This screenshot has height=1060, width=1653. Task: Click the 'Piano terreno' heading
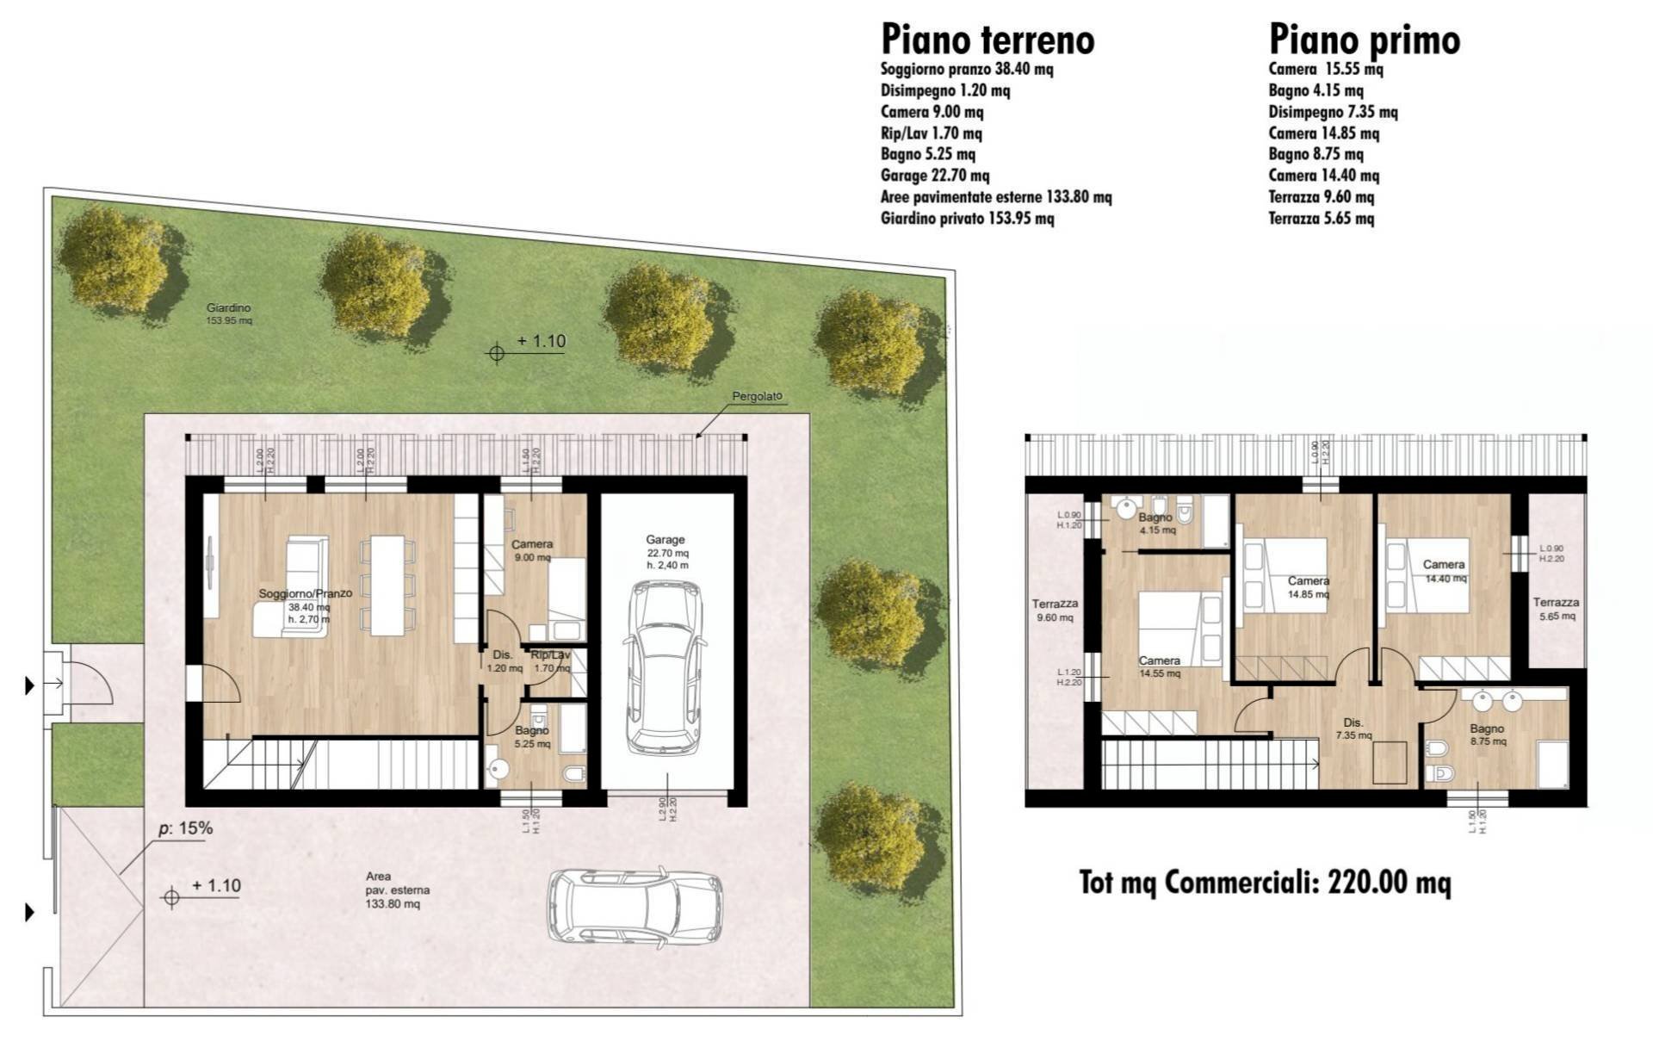(x=987, y=40)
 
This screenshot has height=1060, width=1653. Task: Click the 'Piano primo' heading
(x=1364, y=40)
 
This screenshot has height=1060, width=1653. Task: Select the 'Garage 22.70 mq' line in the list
(x=934, y=176)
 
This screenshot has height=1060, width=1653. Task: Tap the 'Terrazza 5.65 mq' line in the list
(x=1321, y=219)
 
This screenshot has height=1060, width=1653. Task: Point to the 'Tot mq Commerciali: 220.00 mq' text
(x=1265, y=883)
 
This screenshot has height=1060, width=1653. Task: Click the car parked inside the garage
(x=665, y=666)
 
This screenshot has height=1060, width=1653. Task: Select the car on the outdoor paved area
(x=635, y=908)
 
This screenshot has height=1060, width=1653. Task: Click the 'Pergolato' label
(x=757, y=397)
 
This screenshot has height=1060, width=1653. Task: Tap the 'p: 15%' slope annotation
(x=185, y=829)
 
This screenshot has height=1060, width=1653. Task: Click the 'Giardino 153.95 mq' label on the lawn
(x=229, y=313)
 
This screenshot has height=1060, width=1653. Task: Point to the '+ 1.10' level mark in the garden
(x=541, y=342)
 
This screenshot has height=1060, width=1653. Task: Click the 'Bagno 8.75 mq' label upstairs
(x=1488, y=735)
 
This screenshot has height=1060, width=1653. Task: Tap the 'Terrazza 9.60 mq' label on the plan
(x=1055, y=611)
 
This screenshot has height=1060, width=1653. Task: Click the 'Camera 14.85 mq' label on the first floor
(x=1308, y=587)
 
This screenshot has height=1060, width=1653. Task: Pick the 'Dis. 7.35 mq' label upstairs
(x=1353, y=728)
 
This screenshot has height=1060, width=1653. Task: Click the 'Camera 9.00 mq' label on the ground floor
(x=532, y=550)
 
